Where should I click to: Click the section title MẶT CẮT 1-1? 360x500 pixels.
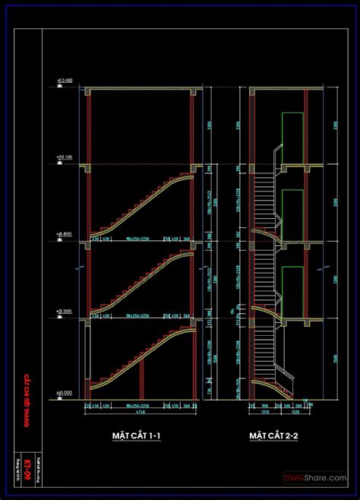click(134, 435)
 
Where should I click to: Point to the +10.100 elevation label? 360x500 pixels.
click(64, 158)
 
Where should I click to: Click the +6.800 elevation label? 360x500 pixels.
click(64, 235)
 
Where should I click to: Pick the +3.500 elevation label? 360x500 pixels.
click(64, 312)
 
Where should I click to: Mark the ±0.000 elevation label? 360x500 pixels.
click(64, 393)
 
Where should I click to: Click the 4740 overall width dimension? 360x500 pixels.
click(141, 413)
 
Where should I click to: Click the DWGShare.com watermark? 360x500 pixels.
click(316, 477)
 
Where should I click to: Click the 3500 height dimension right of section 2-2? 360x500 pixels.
click(334, 358)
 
